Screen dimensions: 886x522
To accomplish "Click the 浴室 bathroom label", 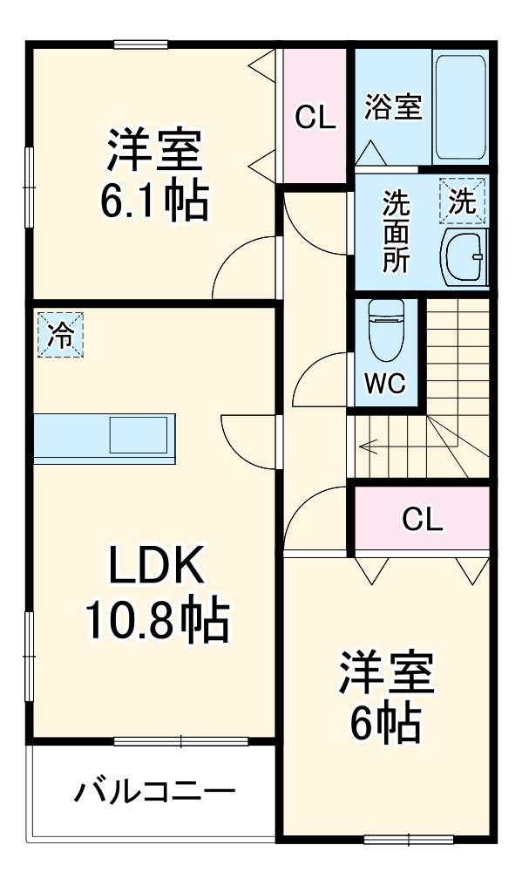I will (392, 108).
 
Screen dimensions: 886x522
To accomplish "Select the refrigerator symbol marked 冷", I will (60, 335).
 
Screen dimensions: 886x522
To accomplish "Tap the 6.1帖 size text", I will (154, 201).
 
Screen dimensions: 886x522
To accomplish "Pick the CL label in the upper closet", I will (315, 117).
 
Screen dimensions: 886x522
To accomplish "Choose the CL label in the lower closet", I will (422, 520).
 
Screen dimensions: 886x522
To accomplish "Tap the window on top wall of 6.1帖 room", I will (140, 44).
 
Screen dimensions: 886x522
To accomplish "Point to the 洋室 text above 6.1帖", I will (154, 150).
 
